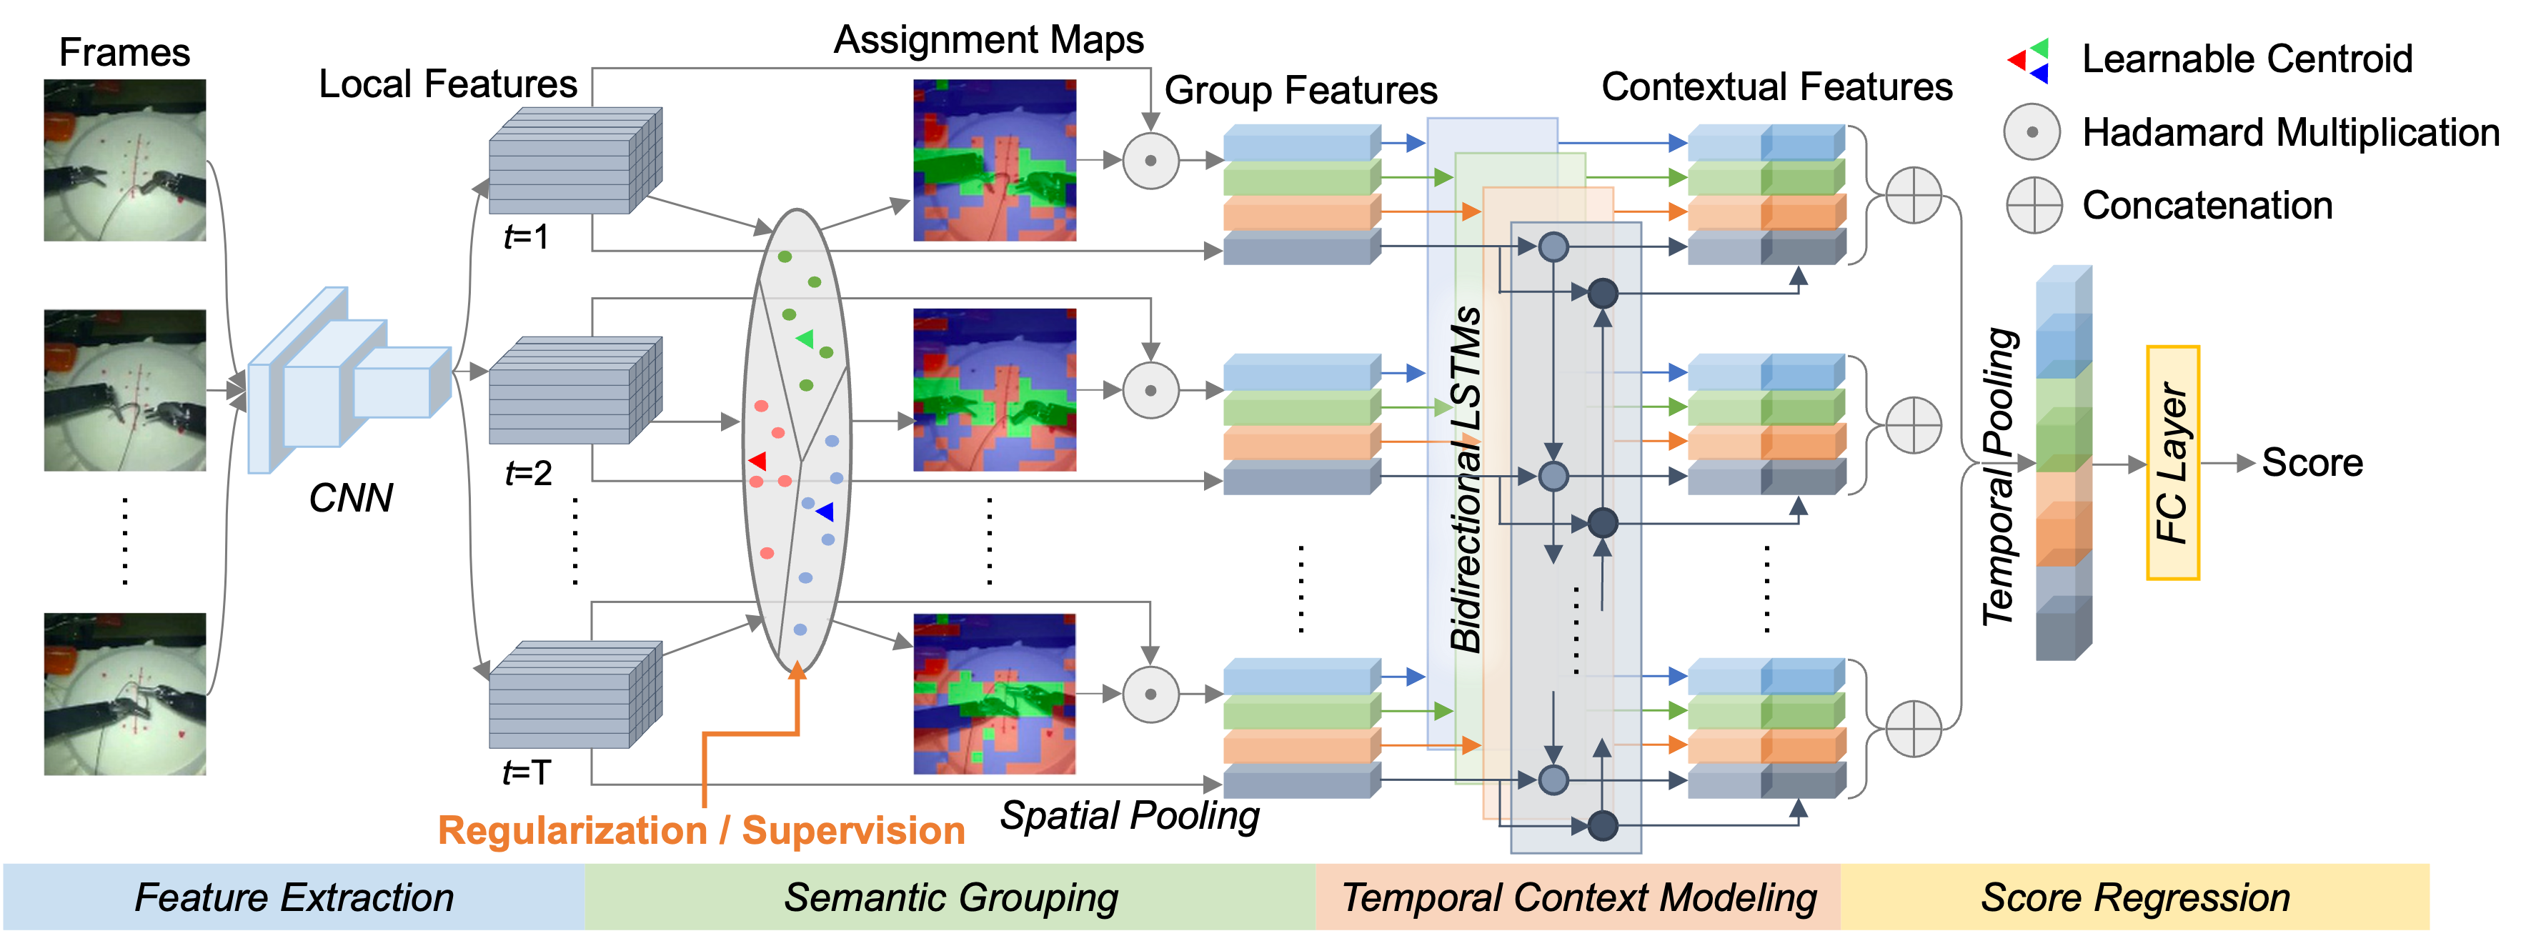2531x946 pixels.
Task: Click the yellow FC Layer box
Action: [x=2172, y=463]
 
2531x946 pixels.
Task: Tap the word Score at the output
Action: [x=2312, y=463]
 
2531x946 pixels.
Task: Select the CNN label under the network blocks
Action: [x=351, y=498]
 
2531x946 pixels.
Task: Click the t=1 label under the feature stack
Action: [x=527, y=236]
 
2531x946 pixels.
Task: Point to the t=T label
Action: [x=527, y=772]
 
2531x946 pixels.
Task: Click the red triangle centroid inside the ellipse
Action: [x=757, y=461]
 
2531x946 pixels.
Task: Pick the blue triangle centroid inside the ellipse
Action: [x=825, y=512]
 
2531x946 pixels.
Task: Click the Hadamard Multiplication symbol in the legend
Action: [x=2032, y=131]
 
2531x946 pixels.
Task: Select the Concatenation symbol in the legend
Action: [x=2033, y=205]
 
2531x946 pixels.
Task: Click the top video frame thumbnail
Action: [x=125, y=160]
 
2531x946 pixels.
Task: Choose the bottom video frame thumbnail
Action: [x=125, y=694]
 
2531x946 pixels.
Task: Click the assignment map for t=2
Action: [x=995, y=390]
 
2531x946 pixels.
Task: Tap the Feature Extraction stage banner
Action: [x=294, y=897]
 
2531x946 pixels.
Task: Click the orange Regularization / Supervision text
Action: [x=700, y=831]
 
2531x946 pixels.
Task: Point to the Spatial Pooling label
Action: [x=1130, y=815]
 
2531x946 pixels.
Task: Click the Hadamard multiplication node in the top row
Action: [x=1150, y=160]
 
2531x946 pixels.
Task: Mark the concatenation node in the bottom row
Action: [x=1914, y=729]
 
